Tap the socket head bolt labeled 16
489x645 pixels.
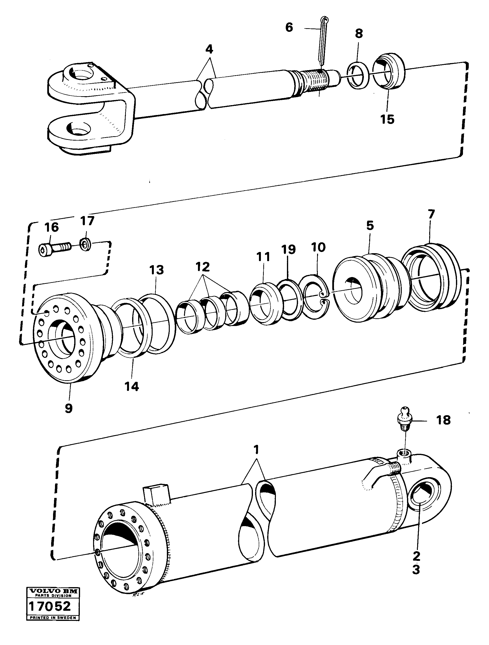(x=54, y=249)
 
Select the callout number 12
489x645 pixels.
(x=203, y=266)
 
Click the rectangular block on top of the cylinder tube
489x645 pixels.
(x=156, y=493)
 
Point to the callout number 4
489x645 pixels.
(x=209, y=49)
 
